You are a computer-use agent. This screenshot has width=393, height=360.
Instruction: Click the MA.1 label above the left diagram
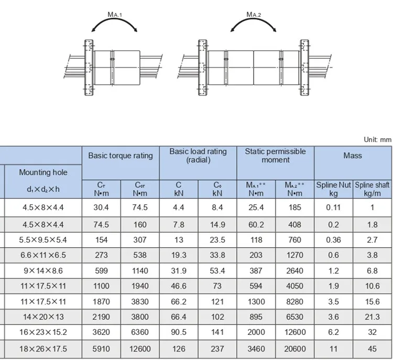click(x=115, y=16)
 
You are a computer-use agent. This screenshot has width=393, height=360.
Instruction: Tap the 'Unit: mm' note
click(x=377, y=140)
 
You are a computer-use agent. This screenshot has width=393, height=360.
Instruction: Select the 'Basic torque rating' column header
click(x=121, y=156)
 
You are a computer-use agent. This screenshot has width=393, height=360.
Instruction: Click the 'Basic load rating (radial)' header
click(x=198, y=156)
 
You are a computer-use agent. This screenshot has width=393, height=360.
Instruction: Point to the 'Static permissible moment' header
click(x=275, y=156)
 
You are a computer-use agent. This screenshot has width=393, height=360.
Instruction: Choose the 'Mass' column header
click(x=353, y=156)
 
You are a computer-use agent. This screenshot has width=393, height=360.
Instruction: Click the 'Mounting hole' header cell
click(x=43, y=172)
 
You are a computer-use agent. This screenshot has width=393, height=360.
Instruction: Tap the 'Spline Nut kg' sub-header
click(x=333, y=189)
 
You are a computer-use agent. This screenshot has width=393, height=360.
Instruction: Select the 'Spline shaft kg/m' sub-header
click(x=373, y=189)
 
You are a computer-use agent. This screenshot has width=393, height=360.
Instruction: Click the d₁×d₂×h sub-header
click(x=43, y=189)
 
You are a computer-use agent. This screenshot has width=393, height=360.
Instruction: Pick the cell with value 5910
click(x=101, y=348)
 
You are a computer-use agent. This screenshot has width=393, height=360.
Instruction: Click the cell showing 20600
click(x=295, y=348)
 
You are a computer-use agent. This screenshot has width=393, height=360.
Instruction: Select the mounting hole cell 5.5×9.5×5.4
click(x=43, y=239)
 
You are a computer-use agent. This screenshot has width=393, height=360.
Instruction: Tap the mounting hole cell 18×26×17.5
click(x=43, y=348)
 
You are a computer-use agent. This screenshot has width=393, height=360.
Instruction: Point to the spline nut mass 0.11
click(x=333, y=208)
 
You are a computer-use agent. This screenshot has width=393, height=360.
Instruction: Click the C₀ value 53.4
click(x=217, y=271)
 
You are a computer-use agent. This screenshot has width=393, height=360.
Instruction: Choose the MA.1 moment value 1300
click(x=256, y=302)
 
